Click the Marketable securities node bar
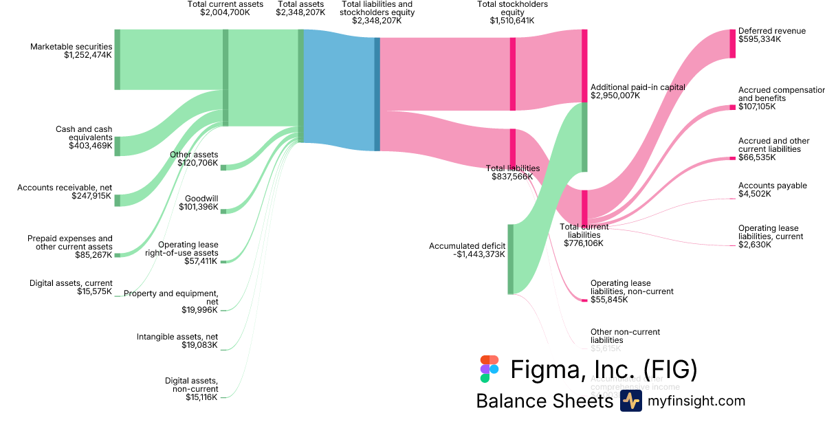click(x=117, y=59)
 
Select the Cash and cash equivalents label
click(x=84, y=133)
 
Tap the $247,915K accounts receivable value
click(x=91, y=196)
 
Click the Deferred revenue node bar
click(x=732, y=43)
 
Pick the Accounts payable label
click(x=764, y=186)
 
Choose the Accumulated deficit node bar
click(x=510, y=258)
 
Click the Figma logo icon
click(x=489, y=369)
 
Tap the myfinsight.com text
click(x=696, y=401)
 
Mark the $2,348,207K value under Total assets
click(x=300, y=12)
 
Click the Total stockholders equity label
click(x=511, y=8)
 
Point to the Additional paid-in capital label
click(x=637, y=87)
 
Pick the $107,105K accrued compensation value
click(x=757, y=107)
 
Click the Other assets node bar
click(x=223, y=167)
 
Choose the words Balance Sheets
click(x=544, y=401)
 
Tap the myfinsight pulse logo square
click(x=630, y=401)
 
